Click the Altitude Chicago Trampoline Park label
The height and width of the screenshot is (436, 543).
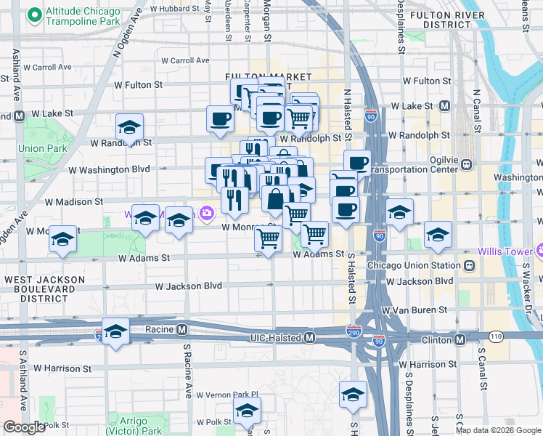coord(82,17)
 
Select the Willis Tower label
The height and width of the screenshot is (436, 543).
coord(507,252)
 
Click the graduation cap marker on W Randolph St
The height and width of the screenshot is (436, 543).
coord(129,126)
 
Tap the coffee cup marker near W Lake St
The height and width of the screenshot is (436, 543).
coord(220,118)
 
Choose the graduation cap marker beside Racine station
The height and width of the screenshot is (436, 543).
coord(115,331)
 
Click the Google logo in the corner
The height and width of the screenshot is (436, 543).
coord(24,427)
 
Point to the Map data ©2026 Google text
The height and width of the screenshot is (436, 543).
coord(498,430)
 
